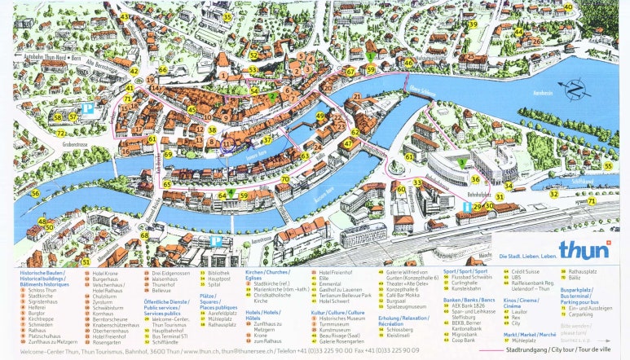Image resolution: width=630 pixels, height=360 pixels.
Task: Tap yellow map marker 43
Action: [124, 15]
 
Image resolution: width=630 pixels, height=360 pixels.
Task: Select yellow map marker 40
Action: [567, 7]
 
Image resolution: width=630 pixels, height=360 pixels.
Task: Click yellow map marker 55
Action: [607, 166]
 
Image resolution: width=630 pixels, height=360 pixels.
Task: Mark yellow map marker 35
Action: [227, 17]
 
